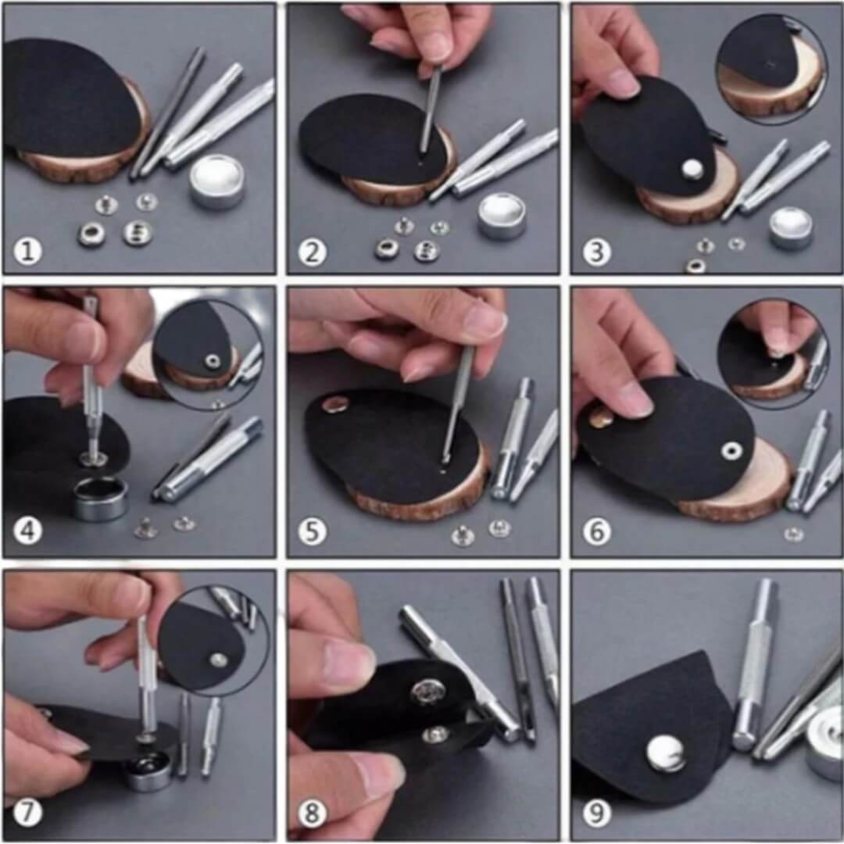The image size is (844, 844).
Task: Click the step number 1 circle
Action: pos(28,252)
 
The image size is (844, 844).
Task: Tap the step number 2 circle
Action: pos(313,252)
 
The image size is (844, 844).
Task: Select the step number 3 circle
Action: pos(596,252)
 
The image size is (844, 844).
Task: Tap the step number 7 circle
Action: pos(28,814)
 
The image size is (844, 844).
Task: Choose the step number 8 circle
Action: pos(313,814)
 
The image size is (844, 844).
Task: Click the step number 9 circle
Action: pos(596,814)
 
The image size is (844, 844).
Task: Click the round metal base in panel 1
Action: pos(217,181)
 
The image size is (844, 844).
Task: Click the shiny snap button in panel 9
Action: pos(666,752)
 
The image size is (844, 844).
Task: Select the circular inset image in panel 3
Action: pos(771,69)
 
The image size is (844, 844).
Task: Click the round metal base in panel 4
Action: pos(102,499)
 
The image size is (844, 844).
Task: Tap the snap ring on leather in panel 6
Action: pos(732,450)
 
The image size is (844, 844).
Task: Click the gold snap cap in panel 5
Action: pos(337,403)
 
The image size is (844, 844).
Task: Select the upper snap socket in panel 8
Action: pos(428,691)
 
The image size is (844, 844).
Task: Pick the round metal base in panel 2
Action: pos(502,216)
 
